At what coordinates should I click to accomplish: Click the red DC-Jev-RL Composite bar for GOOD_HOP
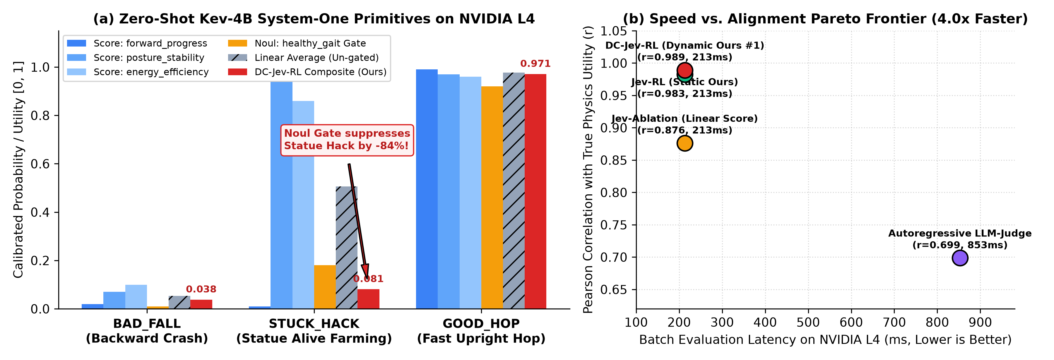535,191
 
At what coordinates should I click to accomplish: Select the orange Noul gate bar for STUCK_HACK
325,287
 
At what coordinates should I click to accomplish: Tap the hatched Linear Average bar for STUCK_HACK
347,248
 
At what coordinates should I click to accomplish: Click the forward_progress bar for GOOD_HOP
427,189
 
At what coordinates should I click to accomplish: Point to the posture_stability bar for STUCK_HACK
281,195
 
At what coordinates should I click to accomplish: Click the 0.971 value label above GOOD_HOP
535,64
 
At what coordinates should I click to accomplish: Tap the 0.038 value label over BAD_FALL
201,289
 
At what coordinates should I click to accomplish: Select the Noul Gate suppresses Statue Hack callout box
347,140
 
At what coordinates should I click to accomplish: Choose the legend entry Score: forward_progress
137,43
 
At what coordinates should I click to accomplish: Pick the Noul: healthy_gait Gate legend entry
297,43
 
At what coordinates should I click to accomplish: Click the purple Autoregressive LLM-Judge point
959,258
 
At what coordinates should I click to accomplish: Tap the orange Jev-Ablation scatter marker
685,143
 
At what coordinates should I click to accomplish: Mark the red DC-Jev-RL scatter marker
685,70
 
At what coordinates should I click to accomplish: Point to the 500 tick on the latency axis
808,322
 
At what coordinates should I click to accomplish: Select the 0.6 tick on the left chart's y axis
40,164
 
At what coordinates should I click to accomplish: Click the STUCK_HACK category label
314,324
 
